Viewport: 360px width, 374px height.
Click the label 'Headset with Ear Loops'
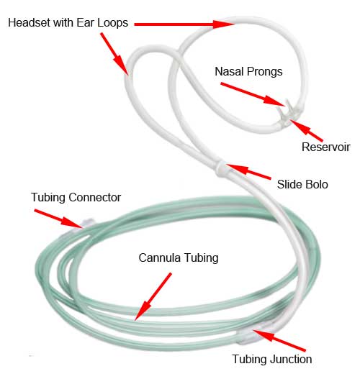(x=68, y=23)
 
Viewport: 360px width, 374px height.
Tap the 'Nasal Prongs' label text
(x=248, y=72)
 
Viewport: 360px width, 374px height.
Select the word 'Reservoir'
(x=325, y=147)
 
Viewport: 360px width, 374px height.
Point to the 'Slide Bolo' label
(x=302, y=185)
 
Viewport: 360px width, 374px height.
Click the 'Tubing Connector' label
(x=76, y=198)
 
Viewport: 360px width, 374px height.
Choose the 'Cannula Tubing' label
(x=179, y=258)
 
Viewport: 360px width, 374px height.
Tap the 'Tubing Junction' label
(x=272, y=360)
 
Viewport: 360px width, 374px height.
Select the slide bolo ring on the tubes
(x=221, y=169)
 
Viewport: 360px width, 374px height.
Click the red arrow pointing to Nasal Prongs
(x=253, y=94)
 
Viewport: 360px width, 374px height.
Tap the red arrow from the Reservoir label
(x=307, y=130)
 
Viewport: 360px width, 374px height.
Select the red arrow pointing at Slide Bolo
(x=248, y=172)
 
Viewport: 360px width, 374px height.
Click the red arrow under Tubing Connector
(x=58, y=219)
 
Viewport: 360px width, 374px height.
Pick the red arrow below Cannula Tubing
(x=153, y=296)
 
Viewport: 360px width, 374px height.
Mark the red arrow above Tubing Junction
(x=279, y=341)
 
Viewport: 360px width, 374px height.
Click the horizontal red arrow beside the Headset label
(x=184, y=24)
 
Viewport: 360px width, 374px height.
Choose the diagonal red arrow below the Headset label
(x=114, y=54)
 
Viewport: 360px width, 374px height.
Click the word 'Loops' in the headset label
(x=112, y=24)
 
